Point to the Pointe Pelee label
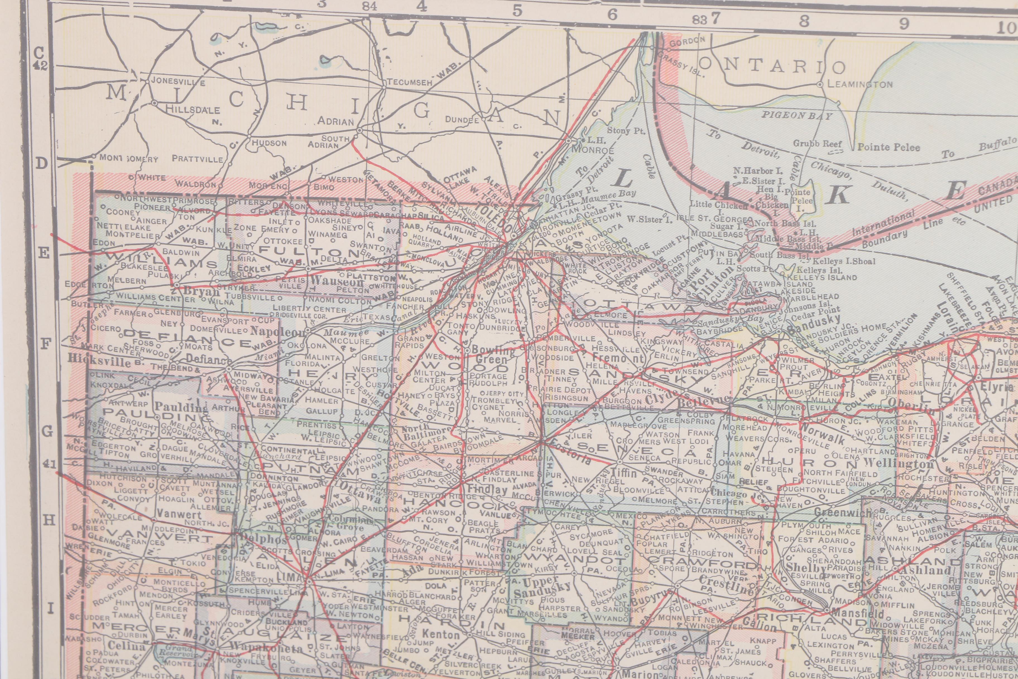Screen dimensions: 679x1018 pyautogui.click(x=889, y=147)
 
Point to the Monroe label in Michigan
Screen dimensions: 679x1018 pyautogui.click(x=593, y=150)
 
